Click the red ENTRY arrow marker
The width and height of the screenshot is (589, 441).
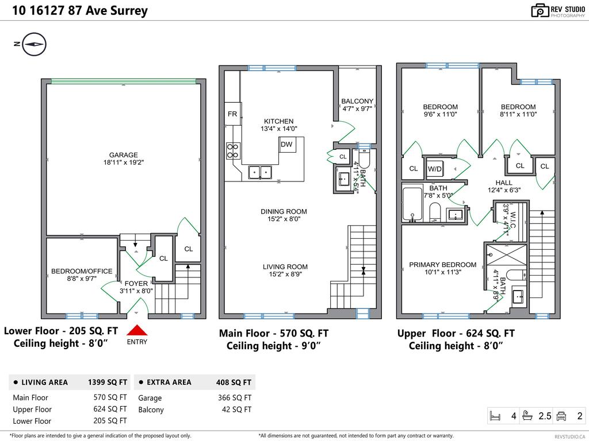pyautogui.click(x=137, y=331)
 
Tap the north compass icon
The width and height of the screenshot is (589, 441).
pyautogui.click(x=35, y=44)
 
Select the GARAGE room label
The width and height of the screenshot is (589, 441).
pyautogui.click(x=124, y=155)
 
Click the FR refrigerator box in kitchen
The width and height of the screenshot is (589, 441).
pyautogui.click(x=232, y=114)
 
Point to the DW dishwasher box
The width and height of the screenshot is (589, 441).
pyautogui.click(x=286, y=145)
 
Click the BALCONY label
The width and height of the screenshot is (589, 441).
pyautogui.click(x=357, y=102)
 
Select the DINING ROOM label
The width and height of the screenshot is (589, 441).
pyautogui.click(x=280, y=211)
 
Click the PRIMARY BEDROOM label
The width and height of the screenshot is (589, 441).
pyautogui.click(x=442, y=265)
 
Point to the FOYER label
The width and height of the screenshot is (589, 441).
pyautogui.click(x=136, y=283)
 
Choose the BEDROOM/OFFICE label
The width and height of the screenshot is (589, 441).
pyautogui.click(x=82, y=271)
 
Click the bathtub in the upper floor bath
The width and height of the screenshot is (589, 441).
pyautogui.click(x=412, y=203)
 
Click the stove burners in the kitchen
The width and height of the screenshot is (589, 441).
pyautogui.click(x=233, y=150)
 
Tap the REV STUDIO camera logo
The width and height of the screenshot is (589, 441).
pyautogui.click(x=540, y=10)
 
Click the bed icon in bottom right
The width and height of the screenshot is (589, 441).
pyautogui.click(x=495, y=415)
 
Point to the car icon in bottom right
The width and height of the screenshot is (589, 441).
pyautogui.click(x=561, y=415)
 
